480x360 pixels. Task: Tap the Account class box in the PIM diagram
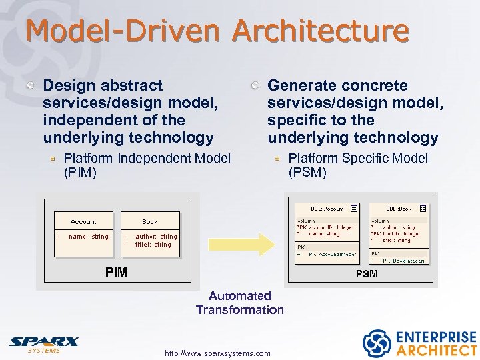point(83,229)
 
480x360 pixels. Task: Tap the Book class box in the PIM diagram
point(150,229)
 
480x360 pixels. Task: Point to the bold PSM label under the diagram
point(366,273)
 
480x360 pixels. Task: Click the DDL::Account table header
point(327,209)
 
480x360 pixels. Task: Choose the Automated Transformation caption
point(239,303)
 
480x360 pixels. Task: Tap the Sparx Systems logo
point(43,344)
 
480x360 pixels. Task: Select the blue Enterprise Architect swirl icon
point(376,343)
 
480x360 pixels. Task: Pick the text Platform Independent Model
point(147,158)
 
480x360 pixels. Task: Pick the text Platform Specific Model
point(358,158)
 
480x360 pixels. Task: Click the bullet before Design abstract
point(31,86)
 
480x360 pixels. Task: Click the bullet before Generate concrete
point(255,86)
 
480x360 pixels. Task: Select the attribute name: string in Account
point(88,237)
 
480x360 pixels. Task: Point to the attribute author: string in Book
point(156,237)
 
